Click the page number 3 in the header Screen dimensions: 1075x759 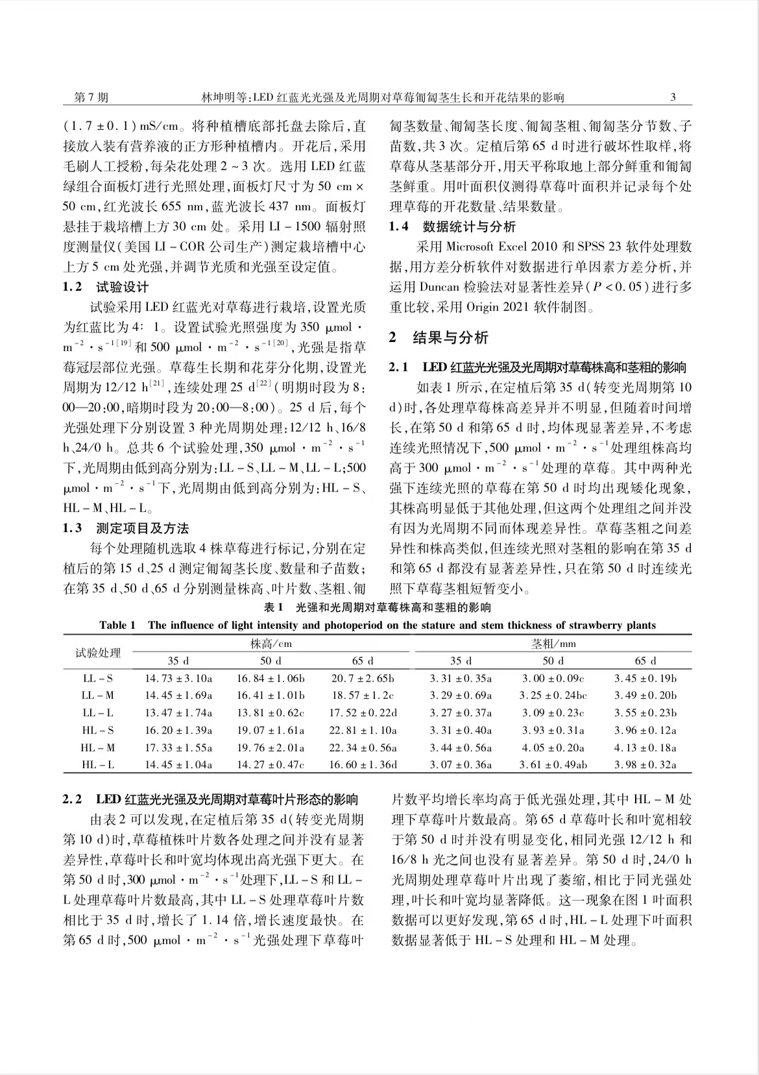click(673, 98)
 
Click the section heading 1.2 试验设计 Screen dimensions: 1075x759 click(106, 287)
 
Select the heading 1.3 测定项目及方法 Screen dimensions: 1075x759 click(126, 528)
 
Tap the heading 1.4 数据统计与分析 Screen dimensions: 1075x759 click(452, 226)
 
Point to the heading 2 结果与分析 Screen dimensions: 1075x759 click(439, 337)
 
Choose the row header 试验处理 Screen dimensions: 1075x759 click(98, 652)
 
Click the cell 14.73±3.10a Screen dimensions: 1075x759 click(178, 679)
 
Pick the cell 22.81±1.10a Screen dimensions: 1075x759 click(363, 730)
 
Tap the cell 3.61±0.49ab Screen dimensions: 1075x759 click(553, 764)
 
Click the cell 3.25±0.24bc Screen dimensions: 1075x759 click(553, 695)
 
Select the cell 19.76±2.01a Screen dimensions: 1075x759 click(271, 747)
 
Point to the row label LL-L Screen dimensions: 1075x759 click(98, 713)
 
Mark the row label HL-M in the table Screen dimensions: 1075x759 click(98, 747)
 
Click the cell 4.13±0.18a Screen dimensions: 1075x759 click(645, 747)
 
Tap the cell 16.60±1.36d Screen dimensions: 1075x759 click(363, 764)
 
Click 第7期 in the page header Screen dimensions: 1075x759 click(91, 98)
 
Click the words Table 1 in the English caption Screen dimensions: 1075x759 click(117, 625)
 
